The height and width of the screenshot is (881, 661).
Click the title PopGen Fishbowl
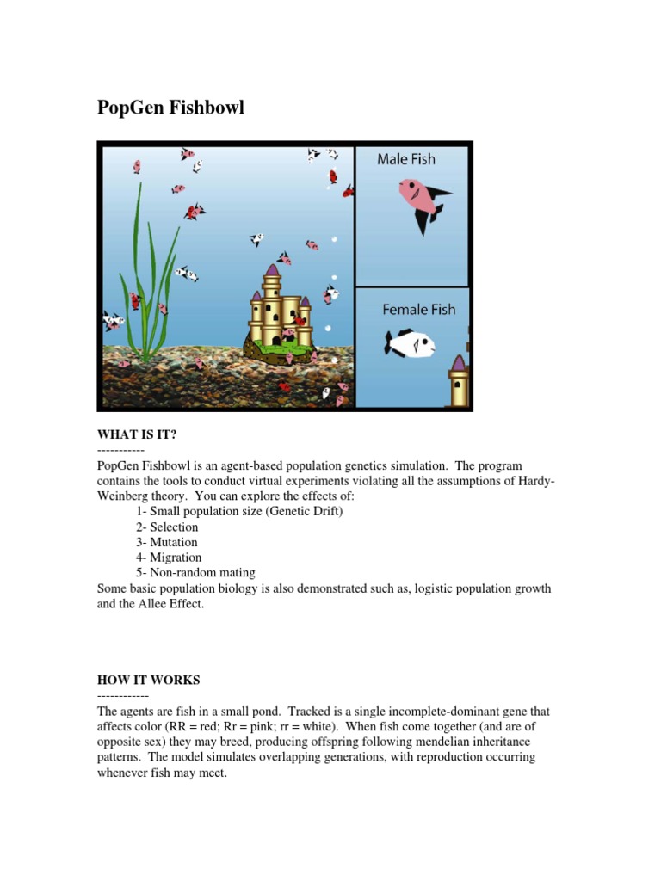pyautogui.click(x=170, y=108)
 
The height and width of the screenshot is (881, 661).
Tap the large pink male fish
pyautogui.click(x=419, y=196)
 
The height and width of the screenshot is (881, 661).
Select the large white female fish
pyautogui.click(x=410, y=345)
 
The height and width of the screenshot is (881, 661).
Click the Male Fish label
pyautogui.click(x=406, y=159)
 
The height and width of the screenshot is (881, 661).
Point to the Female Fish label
pyautogui.click(x=419, y=310)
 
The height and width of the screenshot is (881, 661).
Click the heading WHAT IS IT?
pyautogui.click(x=137, y=434)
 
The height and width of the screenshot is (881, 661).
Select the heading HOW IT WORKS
pyautogui.click(x=148, y=680)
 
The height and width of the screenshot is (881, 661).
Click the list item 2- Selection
pyautogui.click(x=167, y=527)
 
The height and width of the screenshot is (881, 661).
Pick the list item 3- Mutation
pyautogui.click(x=167, y=542)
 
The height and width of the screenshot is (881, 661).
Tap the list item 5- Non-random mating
pyautogui.click(x=195, y=573)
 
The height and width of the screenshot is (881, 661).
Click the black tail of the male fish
pyautogui.click(x=431, y=206)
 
